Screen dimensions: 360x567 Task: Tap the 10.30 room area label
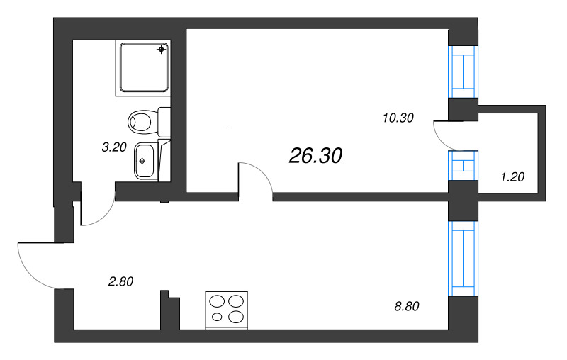pos(397,118)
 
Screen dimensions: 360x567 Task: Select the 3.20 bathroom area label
pos(114,148)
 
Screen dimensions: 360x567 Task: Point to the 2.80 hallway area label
pos(120,281)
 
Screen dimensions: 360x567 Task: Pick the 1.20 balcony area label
pos(512,177)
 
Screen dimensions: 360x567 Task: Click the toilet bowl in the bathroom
pos(142,121)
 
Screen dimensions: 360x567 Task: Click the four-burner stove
pos(227,310)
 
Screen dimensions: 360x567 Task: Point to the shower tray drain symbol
pos(162,50)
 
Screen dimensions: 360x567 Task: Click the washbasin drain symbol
pos(142,161)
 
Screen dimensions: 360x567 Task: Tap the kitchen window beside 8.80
pos(462,258)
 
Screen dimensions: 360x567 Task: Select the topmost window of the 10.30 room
pos(462,72)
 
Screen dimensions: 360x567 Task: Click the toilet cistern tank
pos(164,121)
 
